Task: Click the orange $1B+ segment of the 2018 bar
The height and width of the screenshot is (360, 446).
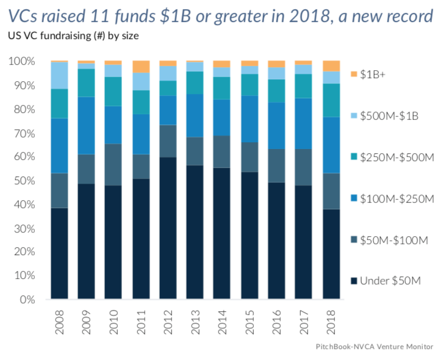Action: point(331,66)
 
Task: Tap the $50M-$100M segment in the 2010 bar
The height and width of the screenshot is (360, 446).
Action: point(113,165)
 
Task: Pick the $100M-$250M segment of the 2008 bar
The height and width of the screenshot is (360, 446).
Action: point(59,146)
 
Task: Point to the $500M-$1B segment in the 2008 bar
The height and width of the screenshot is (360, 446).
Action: point(59,76)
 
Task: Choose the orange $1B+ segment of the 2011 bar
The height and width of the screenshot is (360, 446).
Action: point(141,67)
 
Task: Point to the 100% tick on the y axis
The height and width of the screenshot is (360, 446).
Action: point(21,62)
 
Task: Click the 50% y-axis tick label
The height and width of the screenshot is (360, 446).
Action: point(23,181)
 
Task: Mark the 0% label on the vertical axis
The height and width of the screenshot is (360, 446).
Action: point(26,300)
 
